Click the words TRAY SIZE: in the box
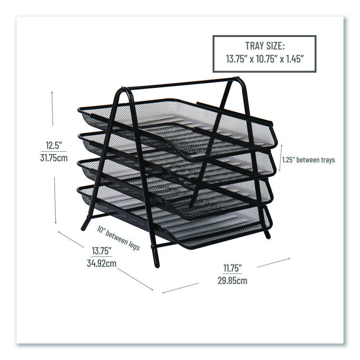click(264, 46)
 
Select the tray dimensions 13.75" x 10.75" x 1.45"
click(264, 59)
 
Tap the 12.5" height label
click(54, 145)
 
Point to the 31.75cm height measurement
click(54, 158)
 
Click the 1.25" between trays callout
click(308, 160)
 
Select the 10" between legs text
click(118, 238)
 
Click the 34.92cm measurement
click(102, 263)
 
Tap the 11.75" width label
click(233, 268)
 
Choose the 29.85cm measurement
click(233, 281)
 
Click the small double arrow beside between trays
click(281, 158)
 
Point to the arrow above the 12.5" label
click(52, 108)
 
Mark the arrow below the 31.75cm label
click(55, 200)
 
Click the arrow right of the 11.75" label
click(274, 263)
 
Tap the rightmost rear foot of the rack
click(267, 235)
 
